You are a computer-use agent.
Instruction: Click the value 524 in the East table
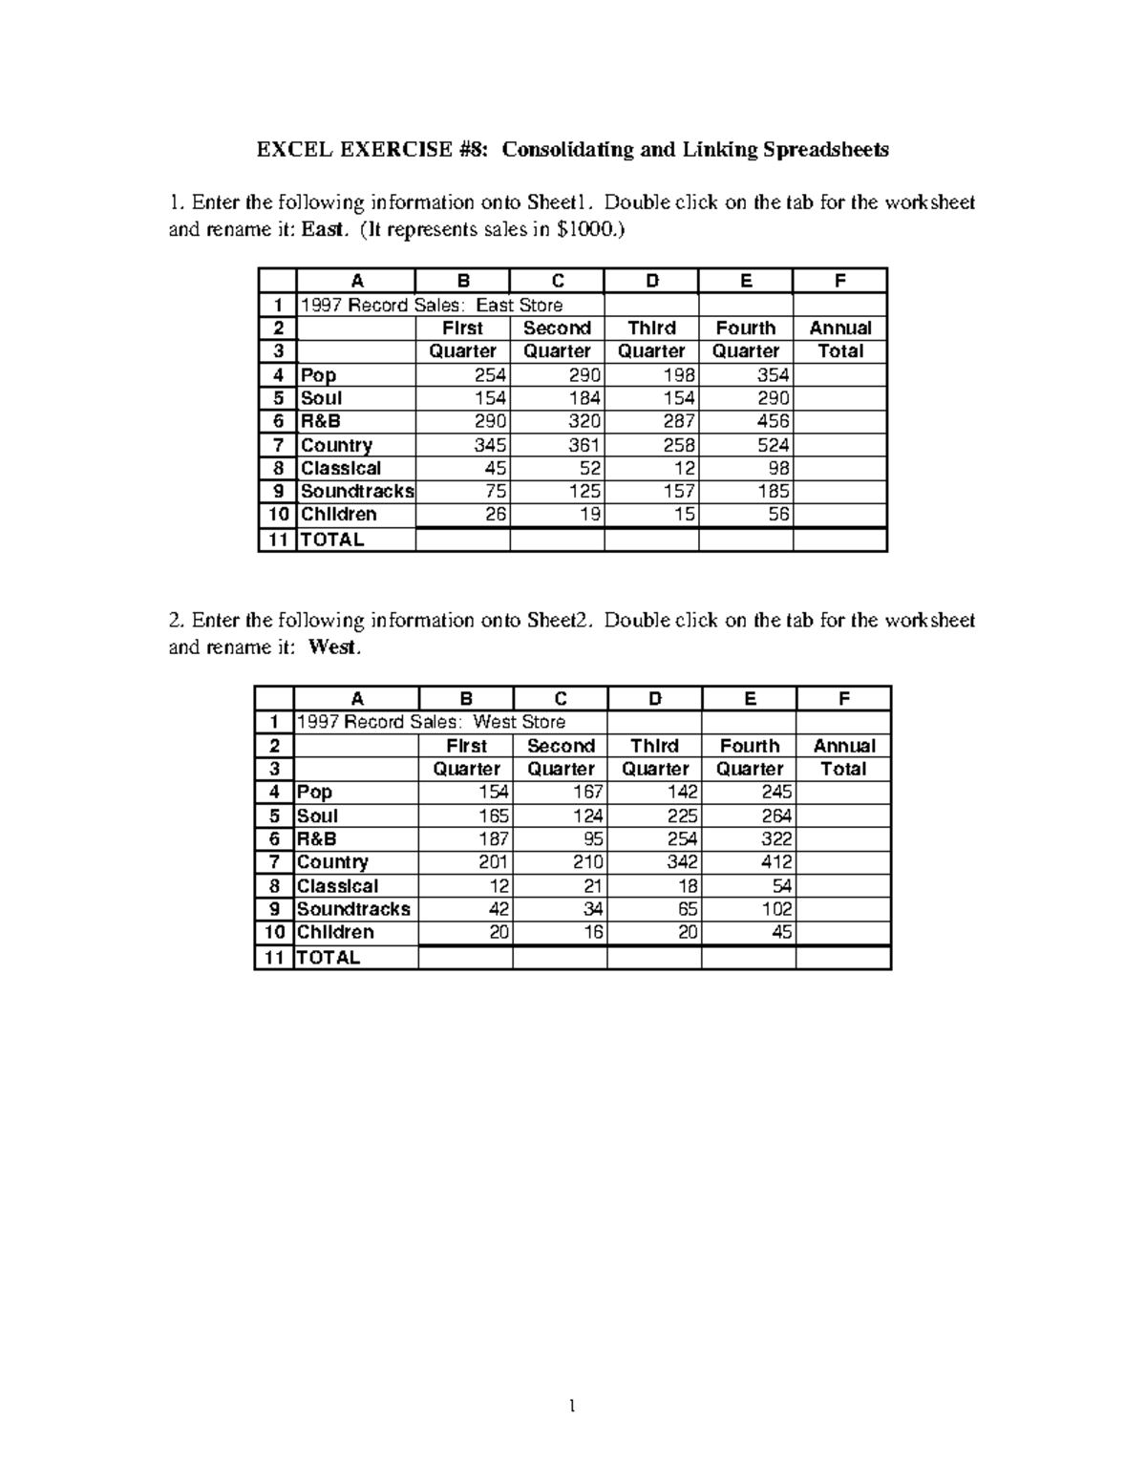click(x=774, y=445)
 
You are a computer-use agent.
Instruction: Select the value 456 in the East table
click(x=774, y=421)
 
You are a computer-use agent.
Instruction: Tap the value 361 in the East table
click(x=584, y=445)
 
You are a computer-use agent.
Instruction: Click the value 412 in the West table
click(x=776, y=862)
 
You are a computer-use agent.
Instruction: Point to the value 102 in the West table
click(x=776, y=909)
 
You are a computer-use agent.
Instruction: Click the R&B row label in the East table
click(x=321, y=421)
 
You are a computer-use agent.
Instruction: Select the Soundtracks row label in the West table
click(x=353, y=909)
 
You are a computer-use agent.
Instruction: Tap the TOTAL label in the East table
click(x=332, y=540)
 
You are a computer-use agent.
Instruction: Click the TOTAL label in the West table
click(x=329, y=958)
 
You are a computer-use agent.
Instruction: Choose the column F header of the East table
click(x=840, y=281)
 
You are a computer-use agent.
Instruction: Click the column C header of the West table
click(x=561, y=699)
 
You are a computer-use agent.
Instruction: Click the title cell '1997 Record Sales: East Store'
click(x=432, y=306)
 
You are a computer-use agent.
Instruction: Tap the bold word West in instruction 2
click(x=333, y=647)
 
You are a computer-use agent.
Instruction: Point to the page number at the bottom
click(x=572, y=1406)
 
